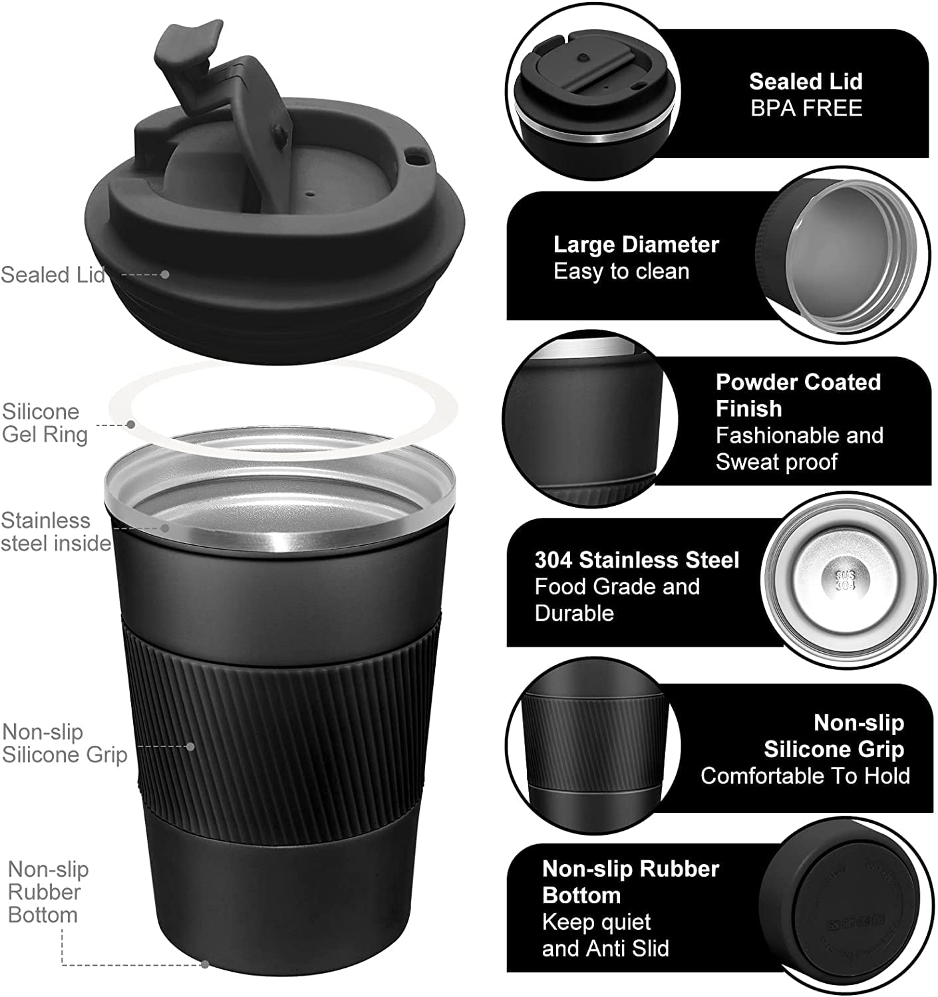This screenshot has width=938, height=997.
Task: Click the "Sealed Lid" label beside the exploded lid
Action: tap(53, 275)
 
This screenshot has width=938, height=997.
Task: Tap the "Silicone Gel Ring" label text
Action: tap(45, 423)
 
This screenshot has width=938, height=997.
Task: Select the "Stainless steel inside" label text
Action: tap(55, 532)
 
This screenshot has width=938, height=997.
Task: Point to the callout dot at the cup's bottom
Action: tap(205, 964)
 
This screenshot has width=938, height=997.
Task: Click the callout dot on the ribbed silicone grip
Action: tap(190, 746)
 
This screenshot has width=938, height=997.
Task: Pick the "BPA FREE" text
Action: tap(806, 108)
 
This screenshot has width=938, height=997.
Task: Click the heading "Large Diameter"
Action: tap(636, 245)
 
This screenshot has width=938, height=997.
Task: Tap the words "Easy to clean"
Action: tap(621, 272)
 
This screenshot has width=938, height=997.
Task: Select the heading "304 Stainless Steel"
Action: tap(637, 560)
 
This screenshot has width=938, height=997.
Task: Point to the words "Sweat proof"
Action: tap(776, 461)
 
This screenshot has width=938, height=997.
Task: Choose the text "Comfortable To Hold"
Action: tap(806, 776)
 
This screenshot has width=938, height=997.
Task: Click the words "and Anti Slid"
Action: tap(605, 948)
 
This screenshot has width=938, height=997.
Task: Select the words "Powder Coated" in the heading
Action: tap(798, 382)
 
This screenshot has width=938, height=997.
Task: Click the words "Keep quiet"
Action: tap(596, 922)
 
